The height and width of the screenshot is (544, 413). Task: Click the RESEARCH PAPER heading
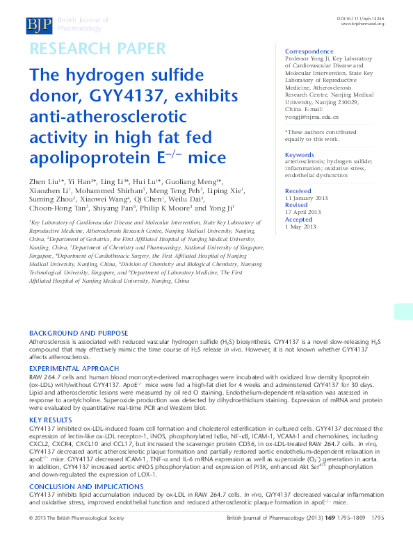(x=97, y=49)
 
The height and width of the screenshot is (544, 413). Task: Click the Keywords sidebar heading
(x=300, y=155)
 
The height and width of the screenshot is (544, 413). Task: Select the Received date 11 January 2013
(x=307, y=198)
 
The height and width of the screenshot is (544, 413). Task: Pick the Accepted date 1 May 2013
(x=300, y=227)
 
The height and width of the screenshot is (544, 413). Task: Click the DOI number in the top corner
(x=361, y=17)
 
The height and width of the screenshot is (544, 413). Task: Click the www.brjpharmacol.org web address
(x=362, y=24)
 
